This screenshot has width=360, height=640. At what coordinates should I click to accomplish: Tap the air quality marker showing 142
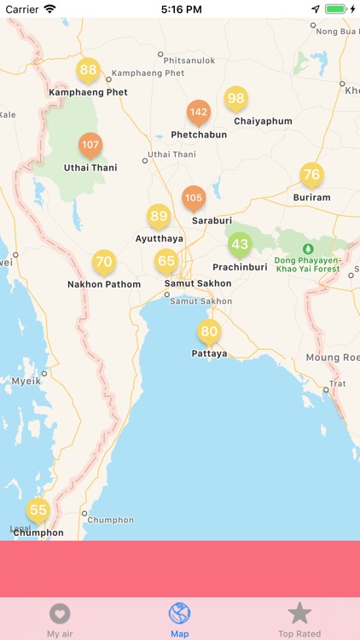199,113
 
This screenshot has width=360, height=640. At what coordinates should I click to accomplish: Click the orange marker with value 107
90,145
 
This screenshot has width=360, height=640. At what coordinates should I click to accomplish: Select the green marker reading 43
241,245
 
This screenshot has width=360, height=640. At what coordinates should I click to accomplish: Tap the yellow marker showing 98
236,99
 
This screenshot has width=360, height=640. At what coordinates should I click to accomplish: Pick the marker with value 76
312,175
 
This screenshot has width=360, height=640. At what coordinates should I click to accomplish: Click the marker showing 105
194,198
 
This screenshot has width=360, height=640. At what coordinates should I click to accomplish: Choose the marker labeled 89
159,217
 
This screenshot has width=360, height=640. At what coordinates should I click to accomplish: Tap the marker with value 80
209,332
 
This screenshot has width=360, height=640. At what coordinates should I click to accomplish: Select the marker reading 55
38,511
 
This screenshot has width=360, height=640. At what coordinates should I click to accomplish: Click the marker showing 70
103,262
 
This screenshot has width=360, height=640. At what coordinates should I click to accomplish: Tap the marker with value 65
166,262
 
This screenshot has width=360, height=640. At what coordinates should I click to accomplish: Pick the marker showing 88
88,71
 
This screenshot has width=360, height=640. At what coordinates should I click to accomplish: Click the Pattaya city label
209,352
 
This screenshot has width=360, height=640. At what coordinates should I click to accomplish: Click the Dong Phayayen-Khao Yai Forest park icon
308,248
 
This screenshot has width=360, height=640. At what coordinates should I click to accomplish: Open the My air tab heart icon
60,614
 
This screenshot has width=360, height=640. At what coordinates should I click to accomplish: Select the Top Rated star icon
299,613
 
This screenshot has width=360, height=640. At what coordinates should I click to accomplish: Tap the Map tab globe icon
180,614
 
